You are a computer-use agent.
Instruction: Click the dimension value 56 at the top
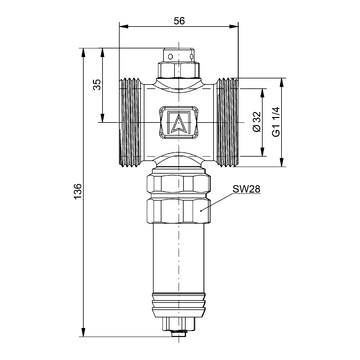coord(179,21)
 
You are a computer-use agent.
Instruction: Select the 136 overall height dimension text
coord(78,191)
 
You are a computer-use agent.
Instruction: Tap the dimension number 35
coord(97,85)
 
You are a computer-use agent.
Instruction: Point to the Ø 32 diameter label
coord(256,122)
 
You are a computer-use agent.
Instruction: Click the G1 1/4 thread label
coord(276,122)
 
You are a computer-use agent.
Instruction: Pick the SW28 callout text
coord(246,189)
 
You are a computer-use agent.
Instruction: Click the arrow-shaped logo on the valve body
coord(179,122)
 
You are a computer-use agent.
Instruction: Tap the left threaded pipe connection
coord(130,122)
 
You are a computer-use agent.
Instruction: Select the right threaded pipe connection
coord(228,122)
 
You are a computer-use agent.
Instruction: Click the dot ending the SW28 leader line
coord(201,210)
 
